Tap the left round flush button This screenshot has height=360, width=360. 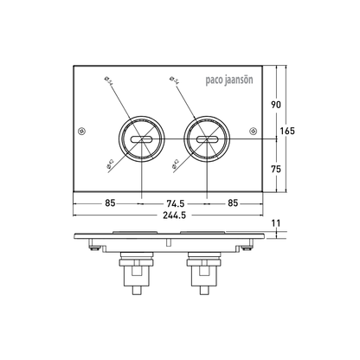point(141,138)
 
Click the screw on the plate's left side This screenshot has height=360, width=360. point(81,132)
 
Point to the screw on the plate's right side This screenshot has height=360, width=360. point(254,132)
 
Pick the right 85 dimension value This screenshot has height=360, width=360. point(234,205)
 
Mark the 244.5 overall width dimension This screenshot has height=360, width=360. point(171,216)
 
